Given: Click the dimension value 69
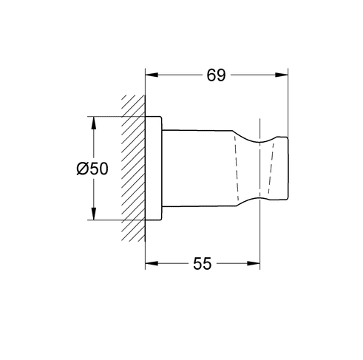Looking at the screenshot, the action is pyautogui.click(x=216, y=75).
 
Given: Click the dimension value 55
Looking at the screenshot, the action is pyautogui.click(x=203, y=264).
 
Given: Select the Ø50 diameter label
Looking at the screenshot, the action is pyautogui.click(x=92, y=169).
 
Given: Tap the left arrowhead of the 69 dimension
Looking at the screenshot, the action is pyautogui.click(x=152, y=75).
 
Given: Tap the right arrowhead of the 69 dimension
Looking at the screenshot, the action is pyautogui.click(x=282, y=75).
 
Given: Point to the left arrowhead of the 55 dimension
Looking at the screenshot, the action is pyautogui.click(x=152, y=264).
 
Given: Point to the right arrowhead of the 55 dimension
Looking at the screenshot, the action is pyautogui.click(x=254, y=264).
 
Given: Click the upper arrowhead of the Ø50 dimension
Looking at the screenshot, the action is pyautogui.click(x=93, y=123).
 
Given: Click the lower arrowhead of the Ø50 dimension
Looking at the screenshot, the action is pyautogui.click(x=93, y=214).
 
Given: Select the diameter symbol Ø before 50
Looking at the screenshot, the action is pyautogui.click(x=81, y=169).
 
